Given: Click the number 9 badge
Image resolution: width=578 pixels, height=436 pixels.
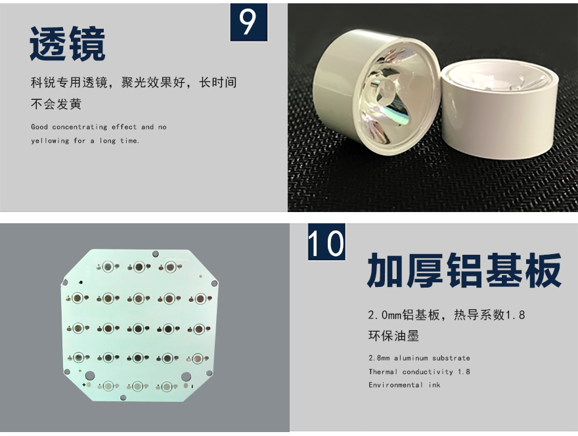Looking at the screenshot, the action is (249, 22).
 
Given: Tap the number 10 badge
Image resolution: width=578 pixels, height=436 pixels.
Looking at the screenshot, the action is (326, 242).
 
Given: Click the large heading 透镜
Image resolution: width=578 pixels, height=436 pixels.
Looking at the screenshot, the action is (68, 44).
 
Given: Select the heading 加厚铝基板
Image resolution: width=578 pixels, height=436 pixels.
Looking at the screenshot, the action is (464, 270).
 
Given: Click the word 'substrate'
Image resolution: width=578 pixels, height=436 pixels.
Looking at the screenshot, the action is (451, 358).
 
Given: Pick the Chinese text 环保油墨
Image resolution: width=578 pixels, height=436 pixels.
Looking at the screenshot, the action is (393, 336).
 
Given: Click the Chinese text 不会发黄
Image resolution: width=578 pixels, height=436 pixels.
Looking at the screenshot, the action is (56, 104).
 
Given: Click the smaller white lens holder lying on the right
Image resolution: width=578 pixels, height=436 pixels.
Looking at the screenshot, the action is (499, 110).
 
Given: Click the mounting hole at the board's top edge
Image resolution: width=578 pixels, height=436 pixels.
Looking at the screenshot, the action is (156, 253).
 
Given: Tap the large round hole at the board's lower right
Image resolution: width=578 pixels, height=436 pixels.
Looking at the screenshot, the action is (186, 377).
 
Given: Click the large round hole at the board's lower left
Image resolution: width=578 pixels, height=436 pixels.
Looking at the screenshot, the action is (90, 376).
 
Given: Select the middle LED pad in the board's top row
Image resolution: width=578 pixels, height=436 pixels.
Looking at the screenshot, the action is (139, 267).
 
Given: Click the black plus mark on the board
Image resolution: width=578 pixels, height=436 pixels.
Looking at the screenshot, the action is (84, 385).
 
